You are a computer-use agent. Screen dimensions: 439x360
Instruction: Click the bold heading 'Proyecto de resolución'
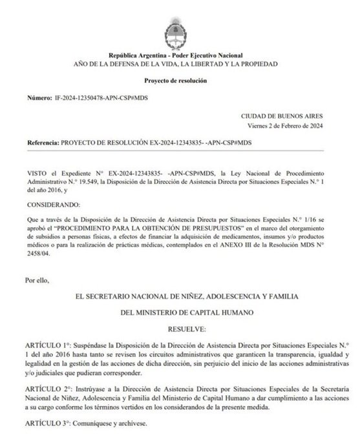[x=180, y=79]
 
